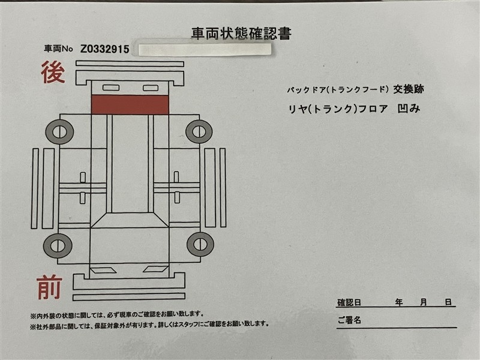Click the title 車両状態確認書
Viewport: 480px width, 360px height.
[x=241, y=34]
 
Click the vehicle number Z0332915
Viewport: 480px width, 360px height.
[x=104, y=49]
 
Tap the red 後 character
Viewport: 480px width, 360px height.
[x=53, y=72]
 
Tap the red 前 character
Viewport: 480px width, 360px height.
[x=49, y=287]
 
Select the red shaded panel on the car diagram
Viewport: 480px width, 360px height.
[x=130, y=104]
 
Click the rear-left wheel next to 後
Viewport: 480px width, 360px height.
[x=59, y=132]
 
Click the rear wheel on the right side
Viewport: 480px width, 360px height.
[x=199, y=131]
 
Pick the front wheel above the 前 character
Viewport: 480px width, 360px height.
[x=58, y=245]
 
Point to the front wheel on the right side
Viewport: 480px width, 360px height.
[x=200, y=244]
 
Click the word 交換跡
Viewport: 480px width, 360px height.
[x=409, y=89]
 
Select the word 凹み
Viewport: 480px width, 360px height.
[x=409, y=109]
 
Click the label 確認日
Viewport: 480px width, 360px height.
[x=349, y=303]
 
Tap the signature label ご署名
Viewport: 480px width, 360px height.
[x=349, y=320]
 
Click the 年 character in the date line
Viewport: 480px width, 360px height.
[x=398, y=302]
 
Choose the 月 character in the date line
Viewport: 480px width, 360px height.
[x=424, y=302]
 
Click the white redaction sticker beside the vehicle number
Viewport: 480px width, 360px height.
[x=205, y=50]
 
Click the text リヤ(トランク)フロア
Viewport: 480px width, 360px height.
[x=338, y=109]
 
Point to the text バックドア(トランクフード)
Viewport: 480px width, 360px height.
[x=338, y=89]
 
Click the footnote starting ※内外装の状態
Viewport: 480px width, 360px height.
[x=116, y=314]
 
